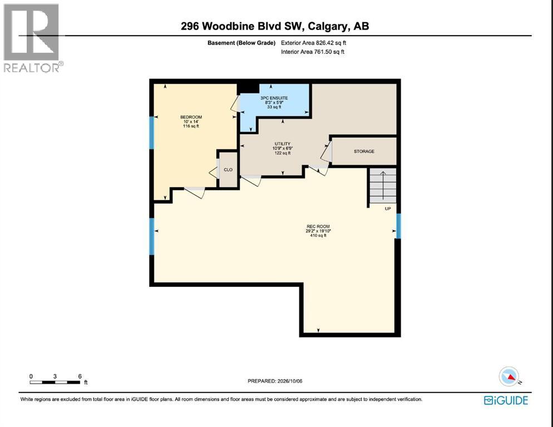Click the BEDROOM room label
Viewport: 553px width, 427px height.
pos(191,117)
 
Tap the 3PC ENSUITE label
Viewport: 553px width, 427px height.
pos(274,98)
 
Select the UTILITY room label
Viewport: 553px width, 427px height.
pos(283,144)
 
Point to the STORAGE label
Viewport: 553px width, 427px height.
pos(364,151)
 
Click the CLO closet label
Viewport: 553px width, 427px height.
pos(228,170)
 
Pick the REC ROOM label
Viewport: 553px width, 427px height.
pos(318,226)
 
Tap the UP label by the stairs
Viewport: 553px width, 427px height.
pos(388,208)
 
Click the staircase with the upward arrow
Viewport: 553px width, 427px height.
pos(383,186)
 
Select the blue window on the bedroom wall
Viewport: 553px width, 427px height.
pos(152,132)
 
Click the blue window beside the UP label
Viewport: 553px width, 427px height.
pos(398,226)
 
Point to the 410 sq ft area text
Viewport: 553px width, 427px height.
pos(318,236)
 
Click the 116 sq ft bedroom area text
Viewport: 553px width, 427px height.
pos(191,126)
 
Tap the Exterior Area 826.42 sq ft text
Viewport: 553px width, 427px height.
pos(314,43)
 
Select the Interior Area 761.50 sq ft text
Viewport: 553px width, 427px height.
pos(313,52)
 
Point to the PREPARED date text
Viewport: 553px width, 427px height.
pos(275,381)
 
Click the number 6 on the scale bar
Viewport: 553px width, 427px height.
pos(80,376)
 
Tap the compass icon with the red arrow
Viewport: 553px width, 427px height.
pos(509,376)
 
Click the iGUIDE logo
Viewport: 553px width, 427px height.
pos(506,400)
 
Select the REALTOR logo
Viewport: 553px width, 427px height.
pos(33,38)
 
